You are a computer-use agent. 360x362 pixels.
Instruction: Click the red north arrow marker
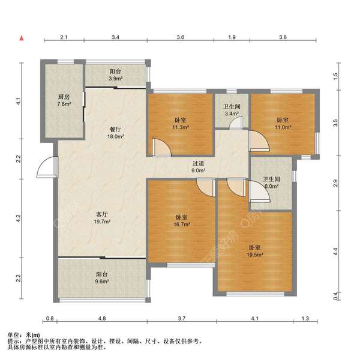[x=22, y=38]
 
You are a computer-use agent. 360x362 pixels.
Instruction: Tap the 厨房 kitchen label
[x=64, y=97]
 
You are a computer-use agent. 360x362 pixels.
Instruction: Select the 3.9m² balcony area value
[x=116, y=79]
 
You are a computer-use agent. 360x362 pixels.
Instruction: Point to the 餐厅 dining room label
[x=115, y=129]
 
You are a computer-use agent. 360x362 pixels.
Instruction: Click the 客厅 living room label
[x=102, y=214]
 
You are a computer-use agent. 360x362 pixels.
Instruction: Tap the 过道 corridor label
[x=199, y=163]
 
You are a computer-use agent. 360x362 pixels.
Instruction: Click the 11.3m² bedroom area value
[x=181, y=127]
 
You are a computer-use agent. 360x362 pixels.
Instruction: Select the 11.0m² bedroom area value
[x=283, y=127]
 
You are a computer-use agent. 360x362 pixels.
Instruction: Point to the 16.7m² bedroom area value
[x=182, y=225]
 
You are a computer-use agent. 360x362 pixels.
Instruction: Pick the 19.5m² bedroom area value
[x=255, y=255]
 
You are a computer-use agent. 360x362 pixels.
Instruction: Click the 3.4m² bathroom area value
[x=232, y=113]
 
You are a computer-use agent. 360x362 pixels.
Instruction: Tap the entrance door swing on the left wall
[x=47, y=167]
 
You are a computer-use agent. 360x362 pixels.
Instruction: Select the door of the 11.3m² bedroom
[x=161, y=148]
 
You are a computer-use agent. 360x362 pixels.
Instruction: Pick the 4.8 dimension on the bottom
[x=102, y=319]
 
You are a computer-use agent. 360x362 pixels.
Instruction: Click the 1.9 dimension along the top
[x=232, y=37]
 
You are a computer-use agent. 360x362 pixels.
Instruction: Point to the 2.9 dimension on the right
[x=335, y=183]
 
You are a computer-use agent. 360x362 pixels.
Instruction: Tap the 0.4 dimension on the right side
[x=336, y=296]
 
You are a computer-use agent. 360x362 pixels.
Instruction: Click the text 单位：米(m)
[x=24, y=335]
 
